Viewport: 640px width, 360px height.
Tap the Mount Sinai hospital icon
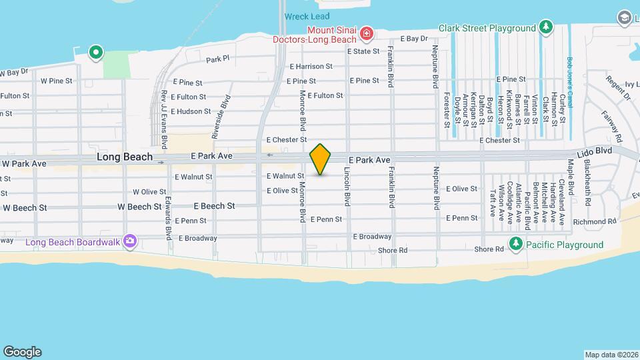(x=366, y=33)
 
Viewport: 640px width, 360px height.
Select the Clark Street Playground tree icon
(x=547, y=27)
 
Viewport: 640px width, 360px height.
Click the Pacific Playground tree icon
(x=515, y=245)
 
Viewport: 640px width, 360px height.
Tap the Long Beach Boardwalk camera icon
(x=131, y=241)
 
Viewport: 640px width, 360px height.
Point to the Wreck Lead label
(x=307, y=16)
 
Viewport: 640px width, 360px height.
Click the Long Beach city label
(x=121, y=157)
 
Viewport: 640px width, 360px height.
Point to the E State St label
(x=363, y=51)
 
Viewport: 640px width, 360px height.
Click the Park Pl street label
(x=217, y=59)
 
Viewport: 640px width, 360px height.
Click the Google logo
(x=22, y=351)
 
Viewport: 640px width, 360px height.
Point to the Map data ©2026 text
(x=611, y=355)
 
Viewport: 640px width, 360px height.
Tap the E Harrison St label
(x=311, y=66)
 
